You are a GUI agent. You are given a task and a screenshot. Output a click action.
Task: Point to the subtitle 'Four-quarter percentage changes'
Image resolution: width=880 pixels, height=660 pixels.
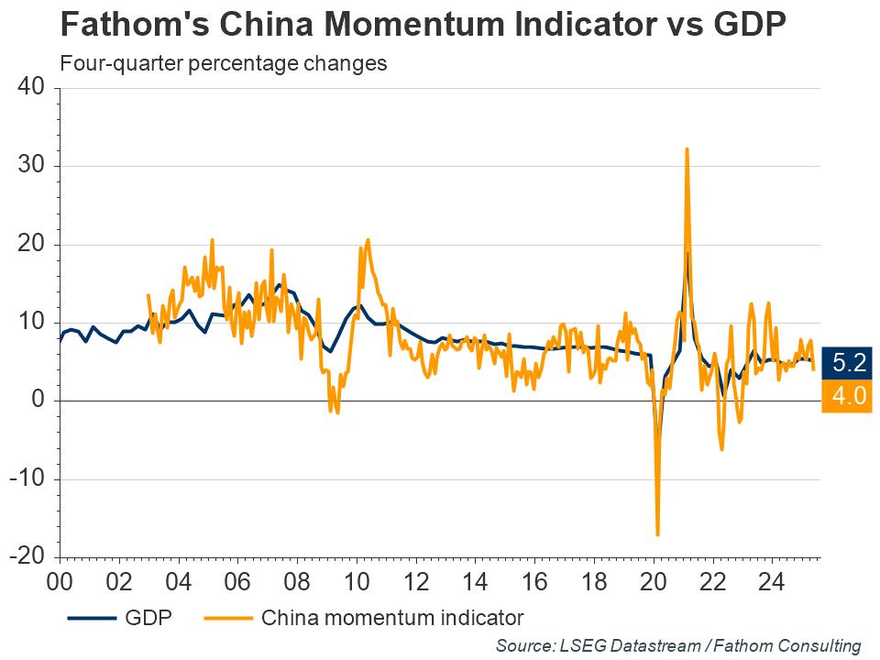pos(222,64)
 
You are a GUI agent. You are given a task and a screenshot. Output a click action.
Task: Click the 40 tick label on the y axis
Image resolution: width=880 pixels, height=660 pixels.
pos(33,88)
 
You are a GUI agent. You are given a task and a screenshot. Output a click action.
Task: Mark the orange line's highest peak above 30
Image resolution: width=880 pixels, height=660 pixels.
pos(687,148)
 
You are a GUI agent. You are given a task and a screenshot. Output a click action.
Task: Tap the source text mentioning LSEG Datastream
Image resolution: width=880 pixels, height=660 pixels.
pos(678,645)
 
